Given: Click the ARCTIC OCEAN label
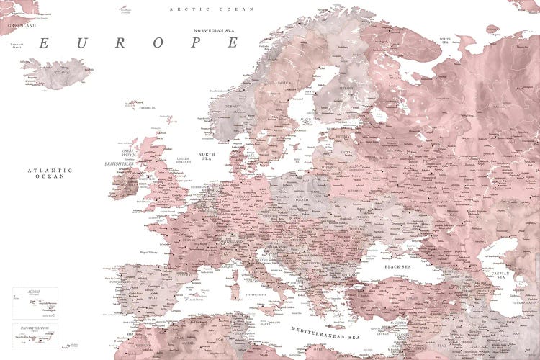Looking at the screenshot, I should (202, 9).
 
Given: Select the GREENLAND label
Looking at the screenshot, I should (22, 25).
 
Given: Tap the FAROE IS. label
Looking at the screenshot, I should (147, 107).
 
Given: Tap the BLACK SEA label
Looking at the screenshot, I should (397, 266).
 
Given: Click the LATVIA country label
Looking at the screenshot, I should (348, 152).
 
